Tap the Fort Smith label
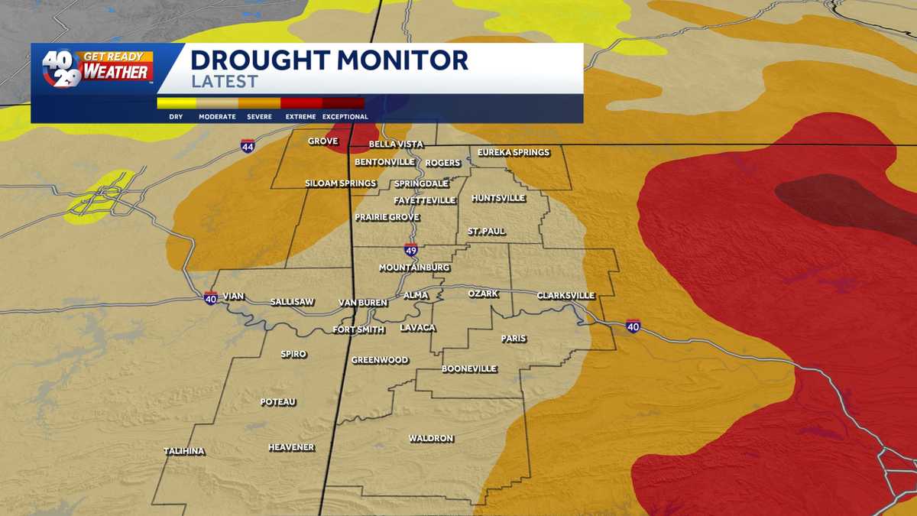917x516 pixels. point(360,330)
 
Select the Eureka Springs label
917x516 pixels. point(514,153)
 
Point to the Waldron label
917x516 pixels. point(431,439)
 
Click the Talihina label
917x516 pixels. point(184,451)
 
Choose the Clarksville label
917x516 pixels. point(565,295)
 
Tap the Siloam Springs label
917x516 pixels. point(341,183)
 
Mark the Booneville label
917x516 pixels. point(469,369)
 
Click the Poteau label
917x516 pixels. point(278,402)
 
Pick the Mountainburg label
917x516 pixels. point(415,268)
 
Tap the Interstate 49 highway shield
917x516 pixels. point(411,250)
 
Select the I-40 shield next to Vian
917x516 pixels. point(211,297)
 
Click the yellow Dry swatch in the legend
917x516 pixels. point(177,103)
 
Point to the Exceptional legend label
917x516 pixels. point(345,117)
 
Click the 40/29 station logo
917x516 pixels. point(61,68)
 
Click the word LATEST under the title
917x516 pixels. point(224,82)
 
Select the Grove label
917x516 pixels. point(322,141)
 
